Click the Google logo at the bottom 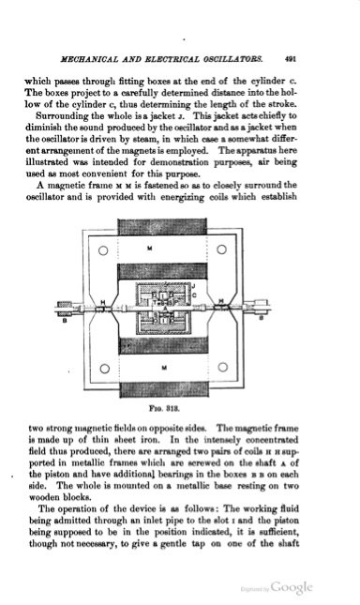pyautogui.click(x=293, y=585)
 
